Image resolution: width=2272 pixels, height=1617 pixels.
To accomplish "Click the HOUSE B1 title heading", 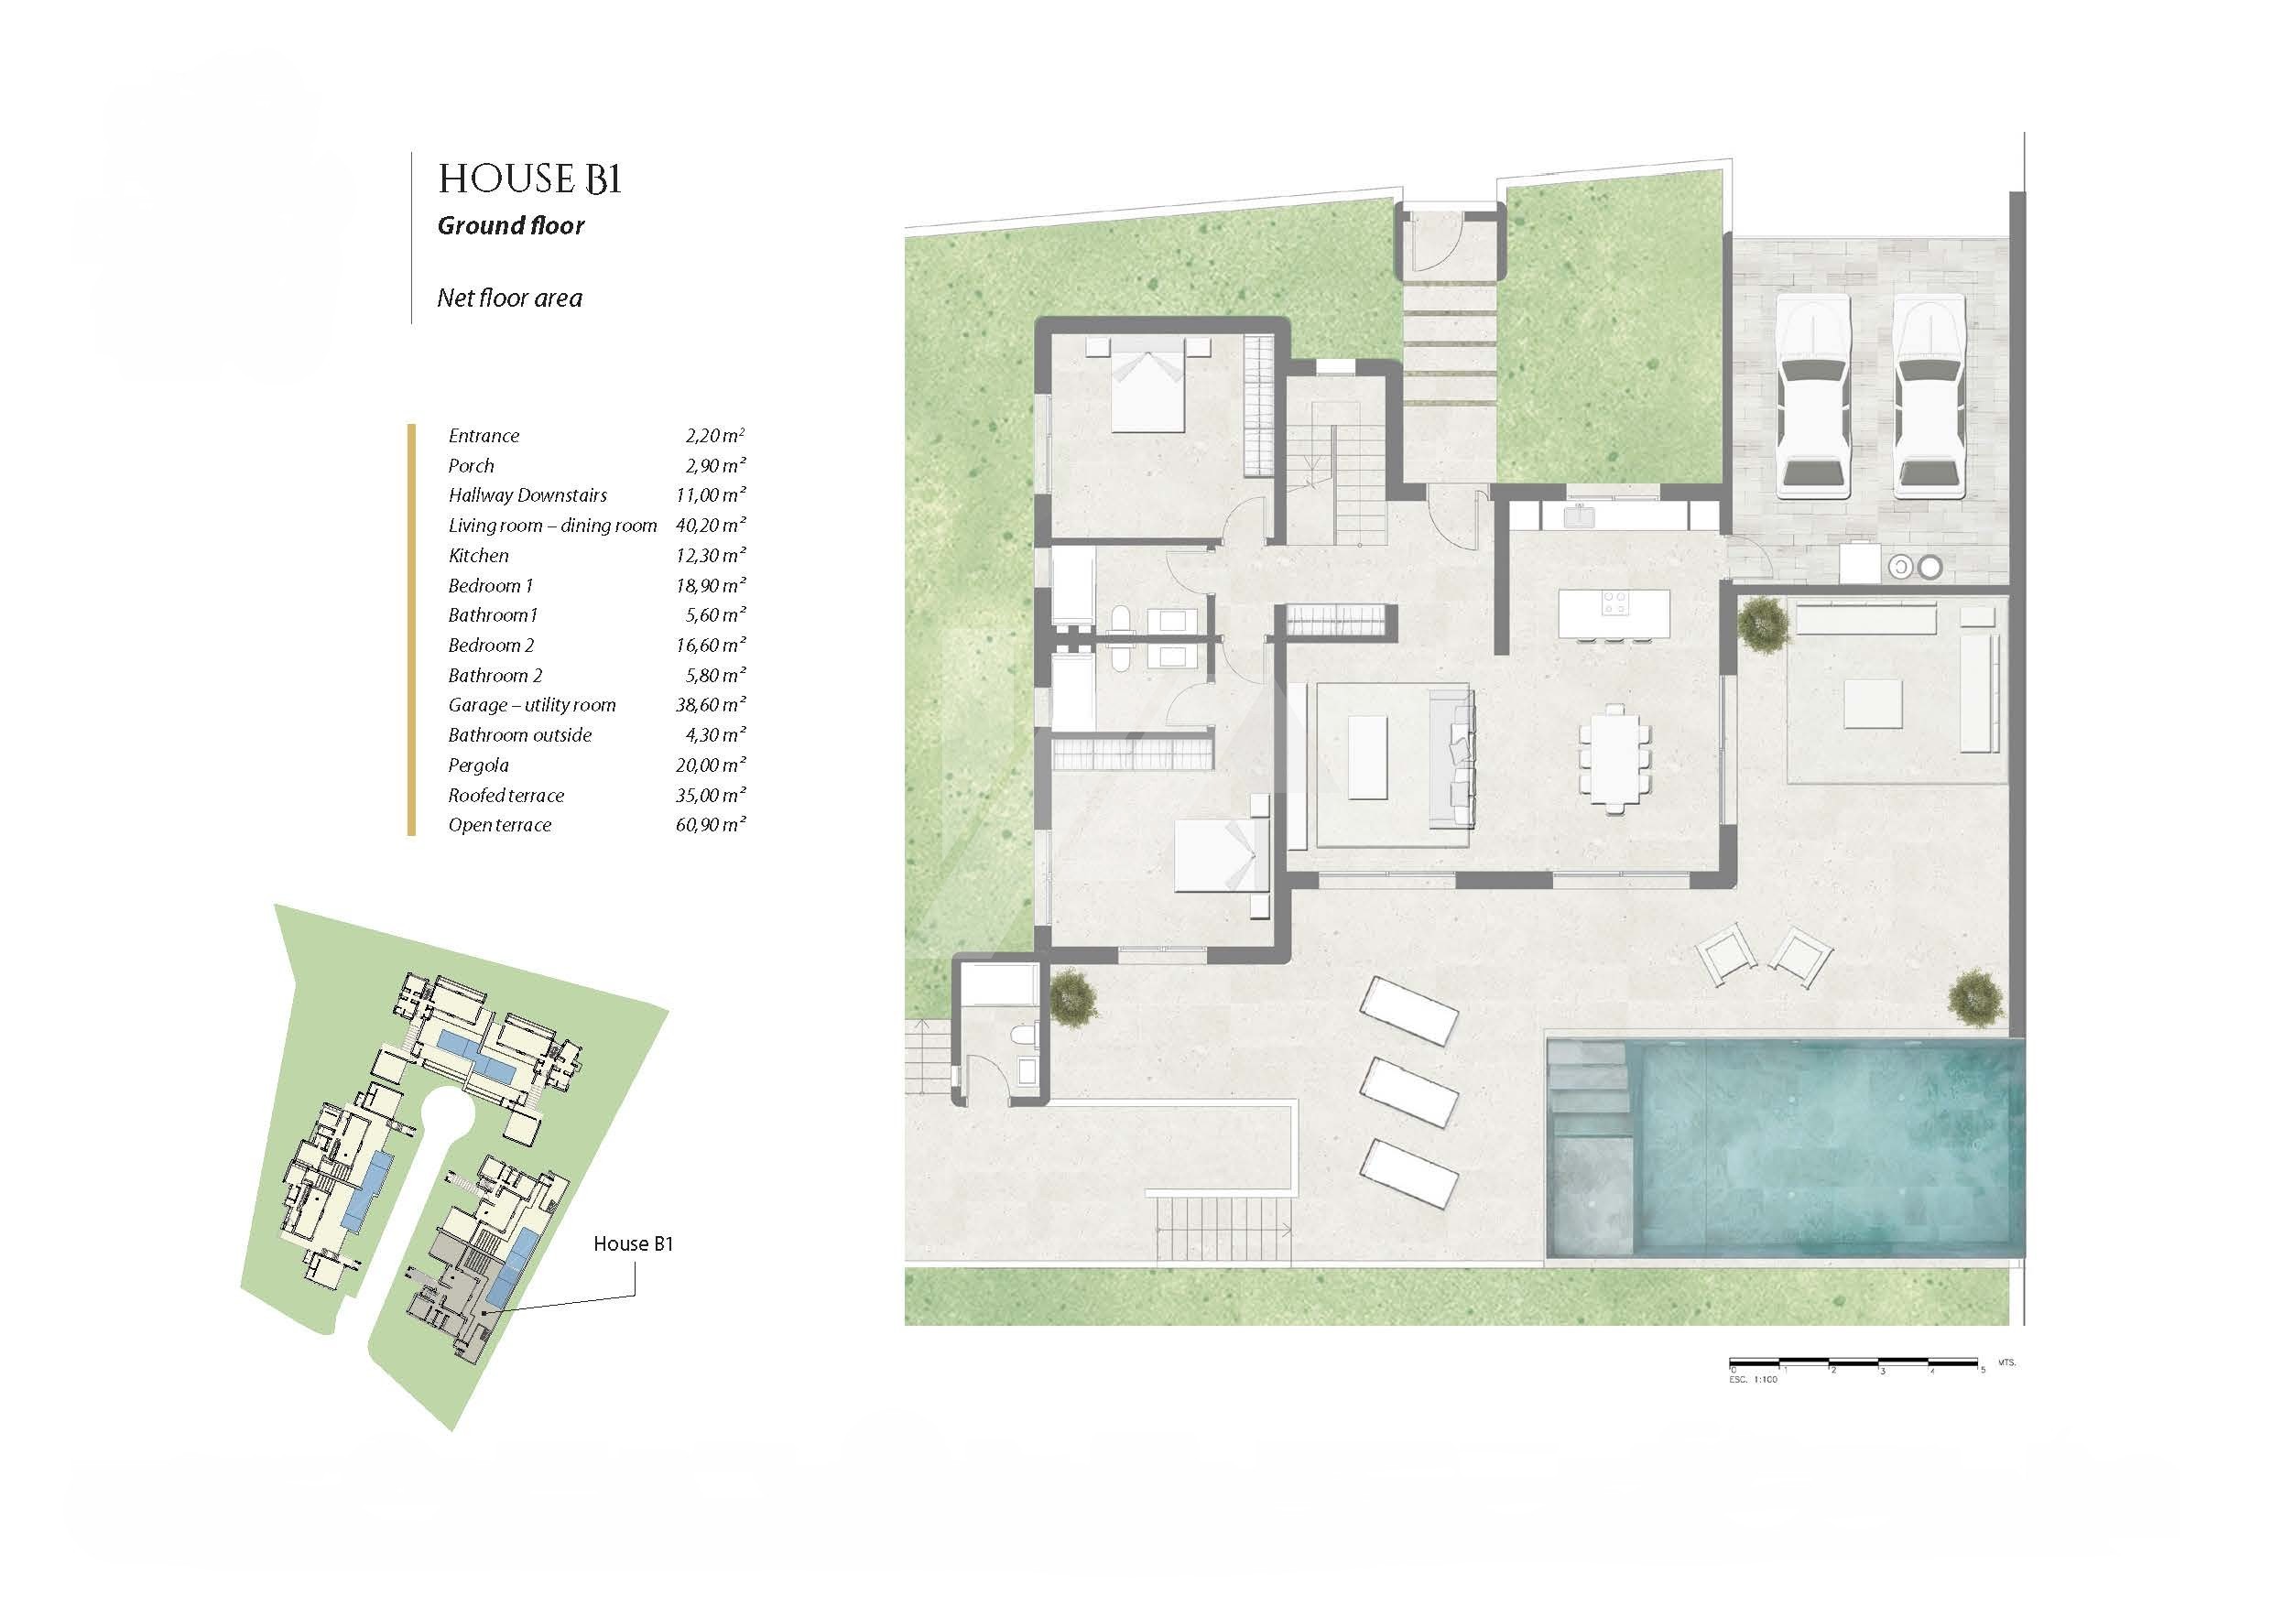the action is (x=529, y=179).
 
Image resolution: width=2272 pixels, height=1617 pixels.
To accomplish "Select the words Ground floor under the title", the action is (x=511, y=226).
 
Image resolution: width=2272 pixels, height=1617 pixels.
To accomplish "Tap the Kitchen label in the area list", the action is (x=478, y=556).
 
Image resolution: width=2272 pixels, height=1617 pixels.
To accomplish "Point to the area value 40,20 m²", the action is (x=710, y=525).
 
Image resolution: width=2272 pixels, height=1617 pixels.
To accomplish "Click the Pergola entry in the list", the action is (x=478, y=765).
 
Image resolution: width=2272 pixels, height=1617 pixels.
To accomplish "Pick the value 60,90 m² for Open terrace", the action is (x=710, y=824).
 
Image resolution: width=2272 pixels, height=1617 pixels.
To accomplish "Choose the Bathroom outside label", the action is (x=520, y=735).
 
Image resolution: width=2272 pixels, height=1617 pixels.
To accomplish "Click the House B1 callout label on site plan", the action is (x=633, y=1243).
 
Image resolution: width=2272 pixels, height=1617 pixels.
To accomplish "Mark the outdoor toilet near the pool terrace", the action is (x=1025, y=1036).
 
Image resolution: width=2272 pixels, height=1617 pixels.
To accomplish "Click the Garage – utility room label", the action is (x=532, y=705).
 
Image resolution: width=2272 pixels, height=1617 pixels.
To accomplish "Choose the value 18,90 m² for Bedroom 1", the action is (x=710, y=584).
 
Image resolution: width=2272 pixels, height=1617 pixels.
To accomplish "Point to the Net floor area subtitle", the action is (x=510, y=298).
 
